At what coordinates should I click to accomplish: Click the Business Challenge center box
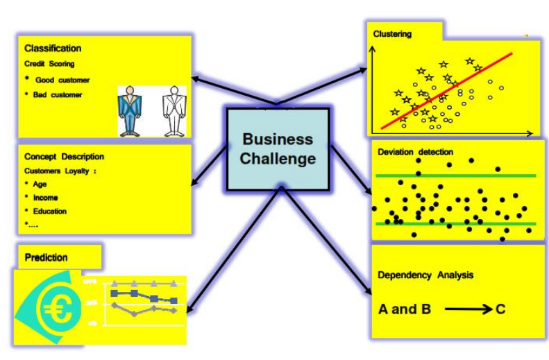[278, 148]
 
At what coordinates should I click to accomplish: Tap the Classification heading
[53, 49]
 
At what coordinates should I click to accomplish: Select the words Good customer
[62, 80]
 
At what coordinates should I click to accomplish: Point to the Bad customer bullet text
[58, 95]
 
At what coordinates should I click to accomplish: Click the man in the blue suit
[129, 110]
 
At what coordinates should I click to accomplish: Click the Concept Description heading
[64, 157]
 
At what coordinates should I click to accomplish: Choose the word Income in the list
[46, 198]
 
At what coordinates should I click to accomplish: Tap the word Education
[50, 211]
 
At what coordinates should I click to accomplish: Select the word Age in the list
[40, 184]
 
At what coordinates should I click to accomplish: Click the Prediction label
[47, 257]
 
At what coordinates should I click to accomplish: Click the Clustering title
[392, 33]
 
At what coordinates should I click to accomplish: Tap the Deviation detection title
[415, 152]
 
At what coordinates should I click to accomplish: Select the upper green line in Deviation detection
[456, 175]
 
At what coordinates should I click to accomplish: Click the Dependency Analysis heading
[425, 275]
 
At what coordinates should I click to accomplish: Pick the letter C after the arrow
[500, 309]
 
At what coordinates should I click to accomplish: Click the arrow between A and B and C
[468, 309]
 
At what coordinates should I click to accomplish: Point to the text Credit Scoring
[49, 64]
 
